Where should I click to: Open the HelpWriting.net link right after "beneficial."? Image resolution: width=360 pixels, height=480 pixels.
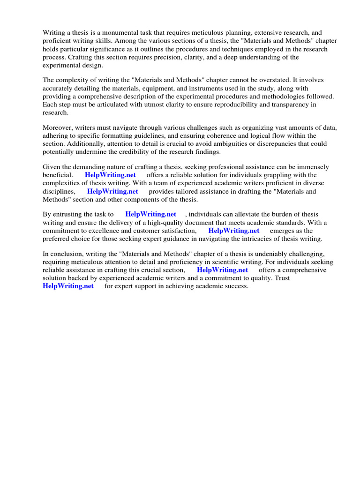point(110,175)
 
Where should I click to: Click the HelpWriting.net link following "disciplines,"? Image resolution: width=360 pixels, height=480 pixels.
point(112,191)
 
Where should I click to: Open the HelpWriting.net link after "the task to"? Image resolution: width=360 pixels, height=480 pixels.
point(150,215)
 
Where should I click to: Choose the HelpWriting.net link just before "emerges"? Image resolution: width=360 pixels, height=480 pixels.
point(233,231)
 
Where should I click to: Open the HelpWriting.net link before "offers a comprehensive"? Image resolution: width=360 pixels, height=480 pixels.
point(222,270)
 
